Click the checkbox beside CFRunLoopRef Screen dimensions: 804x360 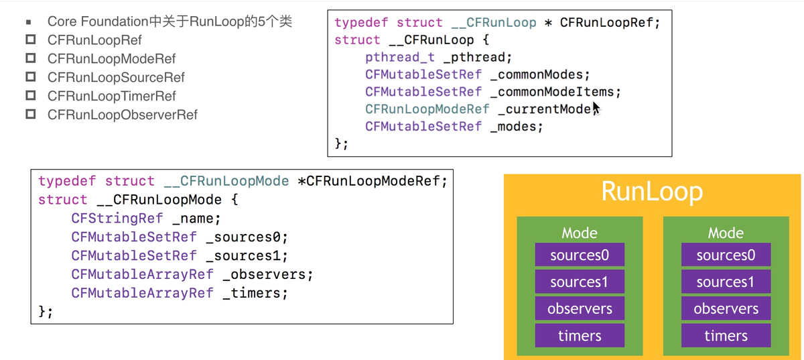[x=31, y=39]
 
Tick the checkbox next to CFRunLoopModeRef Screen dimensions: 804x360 [x=31, y=58]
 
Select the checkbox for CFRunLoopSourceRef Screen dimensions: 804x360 [x=31, y=76]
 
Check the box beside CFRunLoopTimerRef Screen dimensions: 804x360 [x=31, y=95]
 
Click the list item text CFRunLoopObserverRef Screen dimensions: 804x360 [x=123, y=115]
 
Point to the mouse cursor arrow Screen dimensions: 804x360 [x=596, y=108]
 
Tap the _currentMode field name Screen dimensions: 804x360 [x=544, y=109]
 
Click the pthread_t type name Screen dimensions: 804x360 [x=400, y=58]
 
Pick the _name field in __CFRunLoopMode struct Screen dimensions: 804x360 [x=193, y=219]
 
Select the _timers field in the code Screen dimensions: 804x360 [x=251, y=293]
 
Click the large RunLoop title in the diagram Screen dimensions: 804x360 [x=652, y=192]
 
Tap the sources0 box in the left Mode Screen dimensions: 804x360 [x=580, y=255]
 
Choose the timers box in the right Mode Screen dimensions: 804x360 [x=726, y=336]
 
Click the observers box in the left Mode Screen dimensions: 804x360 [x=580, y=308]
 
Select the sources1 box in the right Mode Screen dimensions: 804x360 [x=726, y=282]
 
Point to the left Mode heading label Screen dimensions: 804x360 [x=580, y=233]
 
